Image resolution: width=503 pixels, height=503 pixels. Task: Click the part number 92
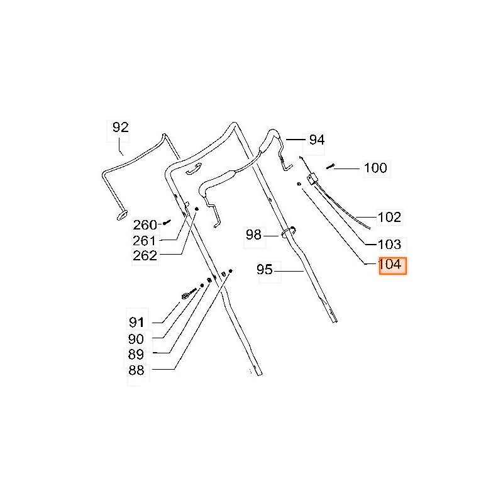click(121, 128)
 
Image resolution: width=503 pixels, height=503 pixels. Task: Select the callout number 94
click(317, 140)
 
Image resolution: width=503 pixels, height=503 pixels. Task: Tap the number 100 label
click(375, 168)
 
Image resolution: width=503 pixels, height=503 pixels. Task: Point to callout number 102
click(389, 217)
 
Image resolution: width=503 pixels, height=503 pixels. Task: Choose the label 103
click(389, 245)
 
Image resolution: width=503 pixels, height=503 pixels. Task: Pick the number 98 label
click(253, 235)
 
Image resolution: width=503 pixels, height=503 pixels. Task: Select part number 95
click(265, 270)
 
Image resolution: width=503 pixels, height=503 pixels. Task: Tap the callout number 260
click(145, 225)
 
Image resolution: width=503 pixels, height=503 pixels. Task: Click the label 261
click(145, 241)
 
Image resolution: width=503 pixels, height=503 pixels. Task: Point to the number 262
click(145, 256)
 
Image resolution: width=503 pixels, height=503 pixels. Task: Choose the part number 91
click(136, 322)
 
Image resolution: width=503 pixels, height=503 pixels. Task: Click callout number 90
click(136, 339)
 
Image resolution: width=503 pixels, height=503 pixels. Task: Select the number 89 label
click(136, 355)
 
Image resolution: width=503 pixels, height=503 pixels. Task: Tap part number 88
click(136, 370)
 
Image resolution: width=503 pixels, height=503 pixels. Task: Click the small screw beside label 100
click(330, 167)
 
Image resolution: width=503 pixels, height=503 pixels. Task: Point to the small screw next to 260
click(167, 222)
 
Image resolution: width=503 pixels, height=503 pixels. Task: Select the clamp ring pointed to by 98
click(289, 232)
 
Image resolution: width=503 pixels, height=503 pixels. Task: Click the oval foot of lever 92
click(122, 215)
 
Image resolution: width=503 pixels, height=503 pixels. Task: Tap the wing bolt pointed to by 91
click(189, 294)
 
